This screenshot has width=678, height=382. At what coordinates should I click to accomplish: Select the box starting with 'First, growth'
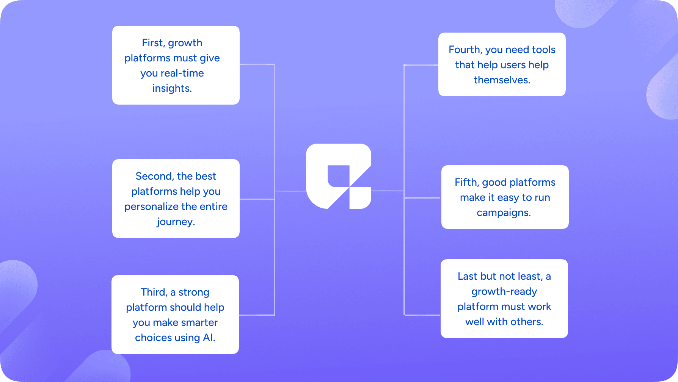pos(176,65)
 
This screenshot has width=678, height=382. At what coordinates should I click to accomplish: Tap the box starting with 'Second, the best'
pos(176,199)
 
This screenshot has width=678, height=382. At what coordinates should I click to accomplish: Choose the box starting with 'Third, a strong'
pos(175,315)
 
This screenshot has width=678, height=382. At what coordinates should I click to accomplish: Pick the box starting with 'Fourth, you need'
pos(502,64)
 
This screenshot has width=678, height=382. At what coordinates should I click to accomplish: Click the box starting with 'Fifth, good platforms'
pos(505,197)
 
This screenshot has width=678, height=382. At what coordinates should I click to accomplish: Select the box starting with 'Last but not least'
pos(504,299)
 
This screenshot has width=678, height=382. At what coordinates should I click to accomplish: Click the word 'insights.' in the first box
pos(172,88)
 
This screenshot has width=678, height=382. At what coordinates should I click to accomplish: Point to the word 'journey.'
pos(176,222)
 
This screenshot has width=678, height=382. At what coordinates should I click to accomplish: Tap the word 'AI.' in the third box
pos(209,338)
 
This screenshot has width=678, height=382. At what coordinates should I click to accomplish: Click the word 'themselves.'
pos(502,80)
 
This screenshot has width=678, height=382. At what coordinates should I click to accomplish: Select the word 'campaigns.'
pos(504,213)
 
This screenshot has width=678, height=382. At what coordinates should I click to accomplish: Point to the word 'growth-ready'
pos(504,292)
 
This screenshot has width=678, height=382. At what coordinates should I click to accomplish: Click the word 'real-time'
pos(182,73)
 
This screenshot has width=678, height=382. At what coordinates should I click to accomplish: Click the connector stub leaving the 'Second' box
pos(257,199)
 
